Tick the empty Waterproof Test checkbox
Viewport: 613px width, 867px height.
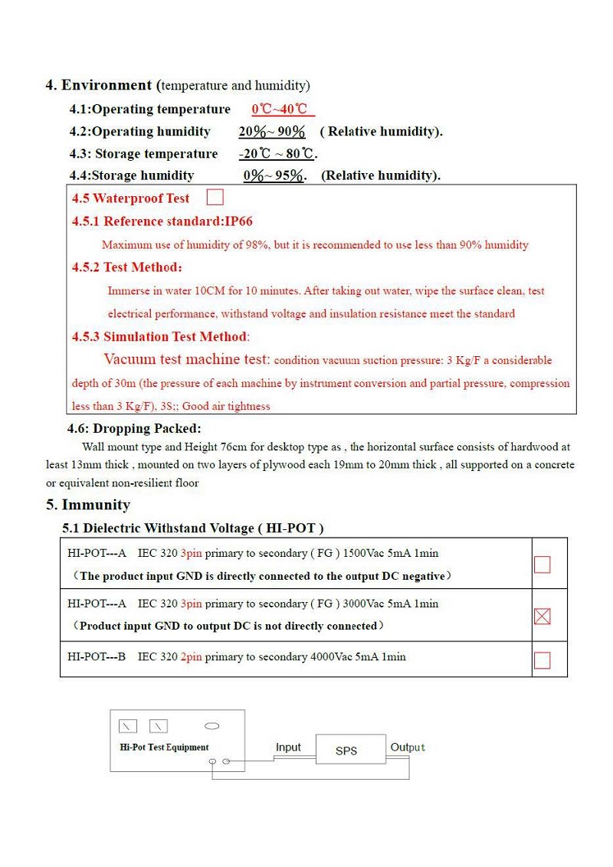215,198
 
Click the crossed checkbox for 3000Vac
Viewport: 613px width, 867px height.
542,616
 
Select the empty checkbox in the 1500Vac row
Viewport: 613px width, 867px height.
542,564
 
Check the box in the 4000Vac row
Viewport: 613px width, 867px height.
542,660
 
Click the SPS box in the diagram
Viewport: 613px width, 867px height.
346,751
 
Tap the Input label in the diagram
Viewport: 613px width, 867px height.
288,748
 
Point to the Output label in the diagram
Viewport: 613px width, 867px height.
408,748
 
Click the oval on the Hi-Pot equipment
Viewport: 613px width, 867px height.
212,725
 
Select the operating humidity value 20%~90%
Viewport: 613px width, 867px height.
272,132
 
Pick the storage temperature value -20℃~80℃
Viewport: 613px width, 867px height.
276,154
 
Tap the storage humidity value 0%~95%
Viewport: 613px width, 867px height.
274,176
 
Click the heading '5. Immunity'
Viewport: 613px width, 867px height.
87,505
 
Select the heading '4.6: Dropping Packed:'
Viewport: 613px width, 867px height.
134,429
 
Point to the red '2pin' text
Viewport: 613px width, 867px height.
192,656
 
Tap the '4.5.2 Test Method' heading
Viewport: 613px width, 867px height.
127,267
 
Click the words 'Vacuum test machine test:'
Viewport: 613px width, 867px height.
186,359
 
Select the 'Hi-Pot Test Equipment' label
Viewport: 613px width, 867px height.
164,748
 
